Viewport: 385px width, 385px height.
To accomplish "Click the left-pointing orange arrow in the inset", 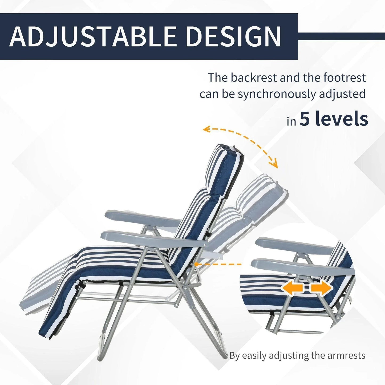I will [x=292, y=289].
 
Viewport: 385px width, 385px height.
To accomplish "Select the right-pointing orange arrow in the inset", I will [x=322, y=289].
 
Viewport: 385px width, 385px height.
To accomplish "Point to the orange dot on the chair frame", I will [x=196, y=264].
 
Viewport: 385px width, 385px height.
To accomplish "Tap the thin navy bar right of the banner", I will [x=341, y=37].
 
